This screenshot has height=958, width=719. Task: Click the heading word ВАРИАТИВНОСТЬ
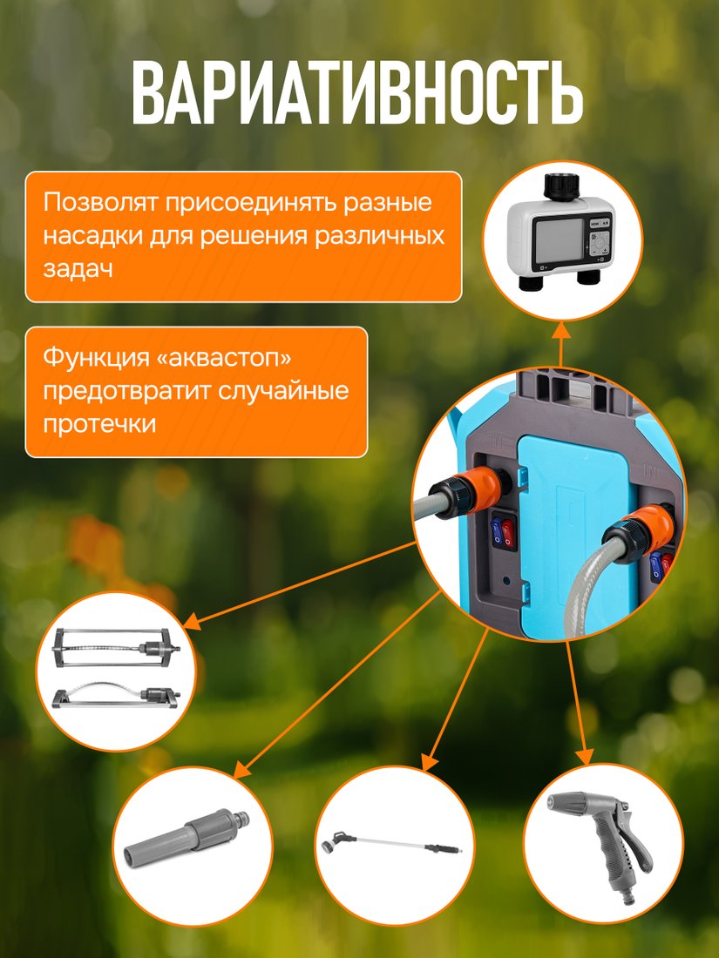(x=357, y=93)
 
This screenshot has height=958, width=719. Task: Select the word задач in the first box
(x=78, y=269)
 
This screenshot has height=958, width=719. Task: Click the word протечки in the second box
(x=99, y=423)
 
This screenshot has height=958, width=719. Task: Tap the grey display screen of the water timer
(x=560, y=241)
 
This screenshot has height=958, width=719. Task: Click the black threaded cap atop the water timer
(x=562, y=186)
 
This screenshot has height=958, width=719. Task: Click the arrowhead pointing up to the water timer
(x=561, y=330)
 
